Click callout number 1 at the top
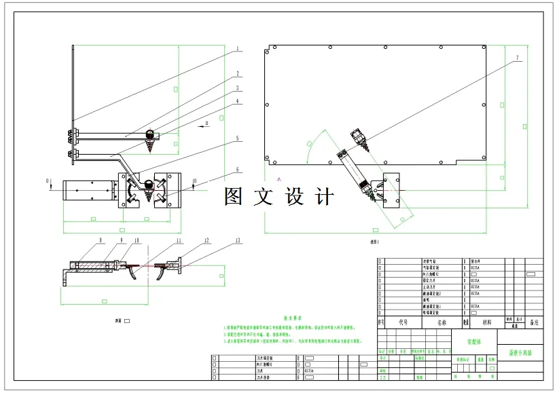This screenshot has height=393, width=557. pyautogui.click(x=238, y=49)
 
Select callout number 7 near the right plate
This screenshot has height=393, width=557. pyautogui.click(x=516, y=58)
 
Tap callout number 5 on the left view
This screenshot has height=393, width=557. pyautogui.click(x=238, y=138)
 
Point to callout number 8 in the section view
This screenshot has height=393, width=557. pyautogui.click(x=100, y=240)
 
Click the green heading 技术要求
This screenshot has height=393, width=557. pyautogui.click(x=293, y=318)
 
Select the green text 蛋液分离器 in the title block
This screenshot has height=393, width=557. pyautogui.click(x=520, y=353)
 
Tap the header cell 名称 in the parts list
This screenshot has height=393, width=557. pyautogui.click(x=442, y=323)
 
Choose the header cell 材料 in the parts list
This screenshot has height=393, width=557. pyautogui.click(x=486, y=323)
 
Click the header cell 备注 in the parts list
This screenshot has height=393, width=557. pyautogui.click(x=534, y=323)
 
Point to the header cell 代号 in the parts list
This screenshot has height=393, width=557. pyautogui.click(x=403, y=323)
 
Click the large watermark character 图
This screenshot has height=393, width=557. pyautogui.click(x=234, y=197)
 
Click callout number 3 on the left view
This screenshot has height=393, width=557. pyautogui.click(x=238, y=88)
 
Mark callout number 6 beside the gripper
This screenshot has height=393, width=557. pyautogui.click(x=238, y=170)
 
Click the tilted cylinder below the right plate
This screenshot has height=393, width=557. pyautogui.click(x=351, y=167)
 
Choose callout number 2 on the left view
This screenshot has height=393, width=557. pyautogui.click(x=238, y=73)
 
